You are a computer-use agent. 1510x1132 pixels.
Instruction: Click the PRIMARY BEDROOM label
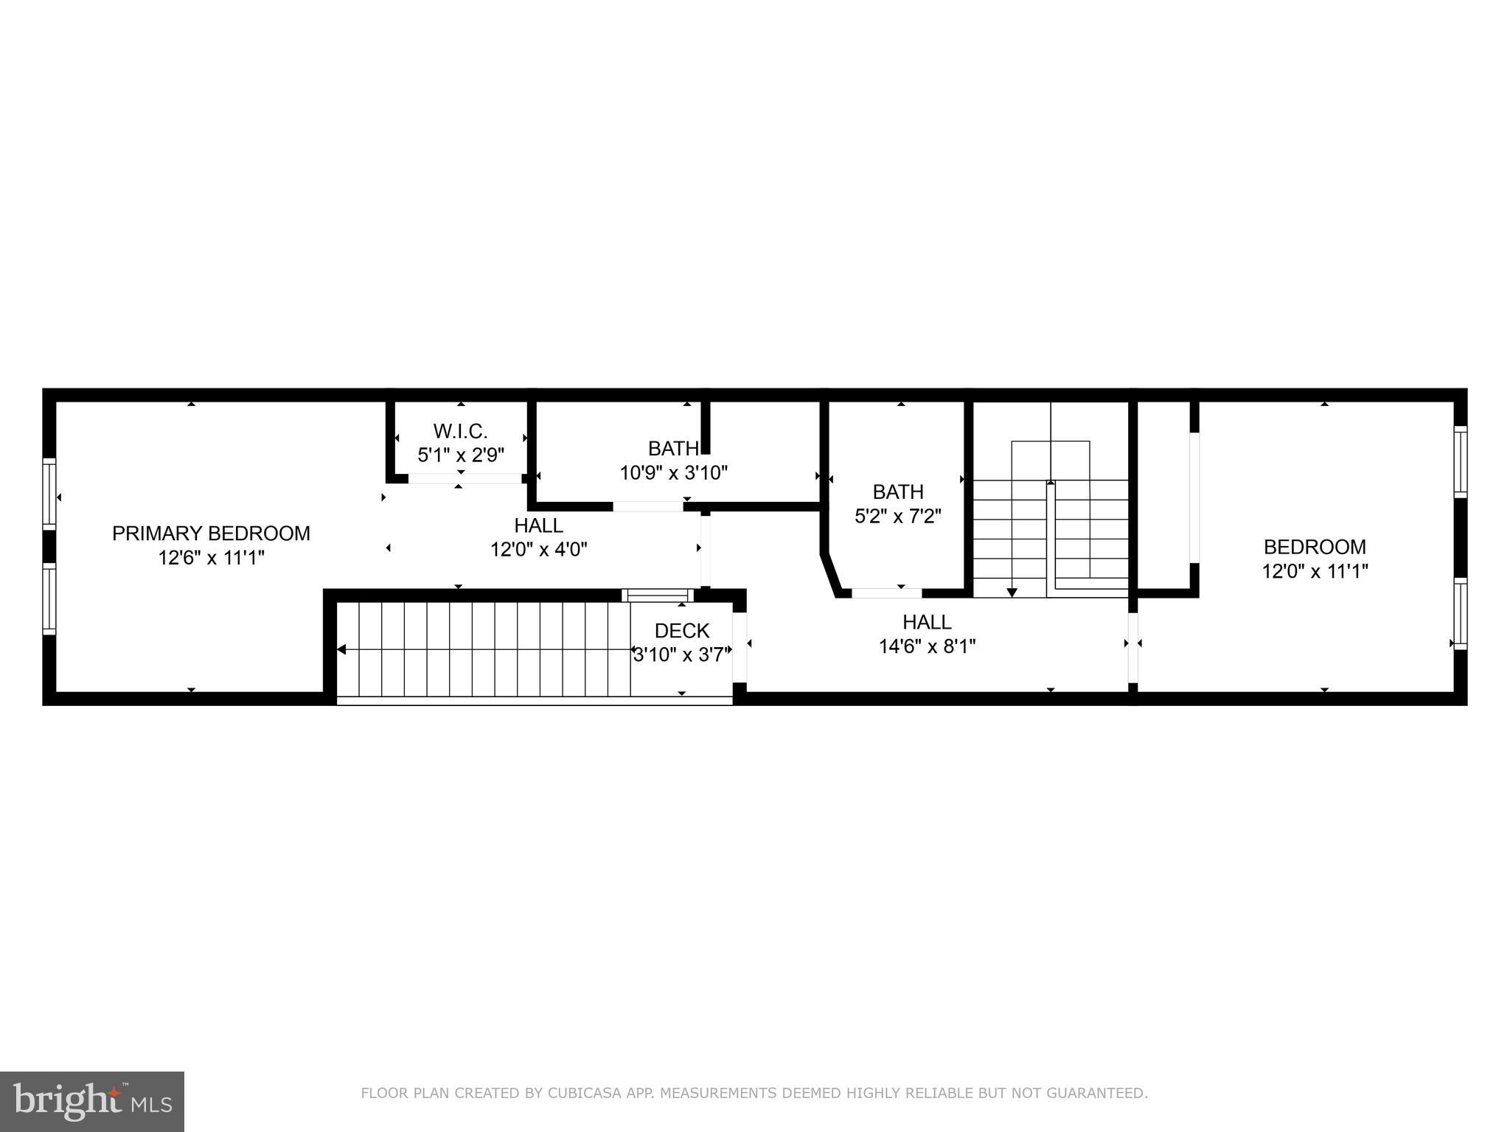211,533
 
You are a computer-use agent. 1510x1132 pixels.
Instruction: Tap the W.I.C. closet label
460,430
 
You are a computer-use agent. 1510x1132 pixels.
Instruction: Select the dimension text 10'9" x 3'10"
673,472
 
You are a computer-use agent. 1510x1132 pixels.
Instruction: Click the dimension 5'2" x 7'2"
897,516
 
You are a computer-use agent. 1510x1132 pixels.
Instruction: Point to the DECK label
681,631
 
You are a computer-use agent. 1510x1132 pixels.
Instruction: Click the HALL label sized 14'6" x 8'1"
927,622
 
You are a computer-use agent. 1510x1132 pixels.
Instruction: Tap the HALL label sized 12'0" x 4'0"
538,525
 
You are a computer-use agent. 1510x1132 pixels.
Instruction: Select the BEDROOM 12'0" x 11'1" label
1315,547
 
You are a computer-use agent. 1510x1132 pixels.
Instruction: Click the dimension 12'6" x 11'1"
211,558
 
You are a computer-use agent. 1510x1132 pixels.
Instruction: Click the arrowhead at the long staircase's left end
341,649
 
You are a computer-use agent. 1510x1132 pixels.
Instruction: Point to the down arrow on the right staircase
1012,592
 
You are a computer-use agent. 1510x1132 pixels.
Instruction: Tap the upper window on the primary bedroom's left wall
49,493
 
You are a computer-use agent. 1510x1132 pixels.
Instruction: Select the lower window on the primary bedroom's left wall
49,598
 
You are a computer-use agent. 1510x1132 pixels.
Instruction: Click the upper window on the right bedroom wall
1460,461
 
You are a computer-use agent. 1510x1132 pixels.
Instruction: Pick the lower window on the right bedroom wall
1460,613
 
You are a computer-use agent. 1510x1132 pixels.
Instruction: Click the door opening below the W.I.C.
465,478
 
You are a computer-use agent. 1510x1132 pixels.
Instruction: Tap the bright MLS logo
92,1101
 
